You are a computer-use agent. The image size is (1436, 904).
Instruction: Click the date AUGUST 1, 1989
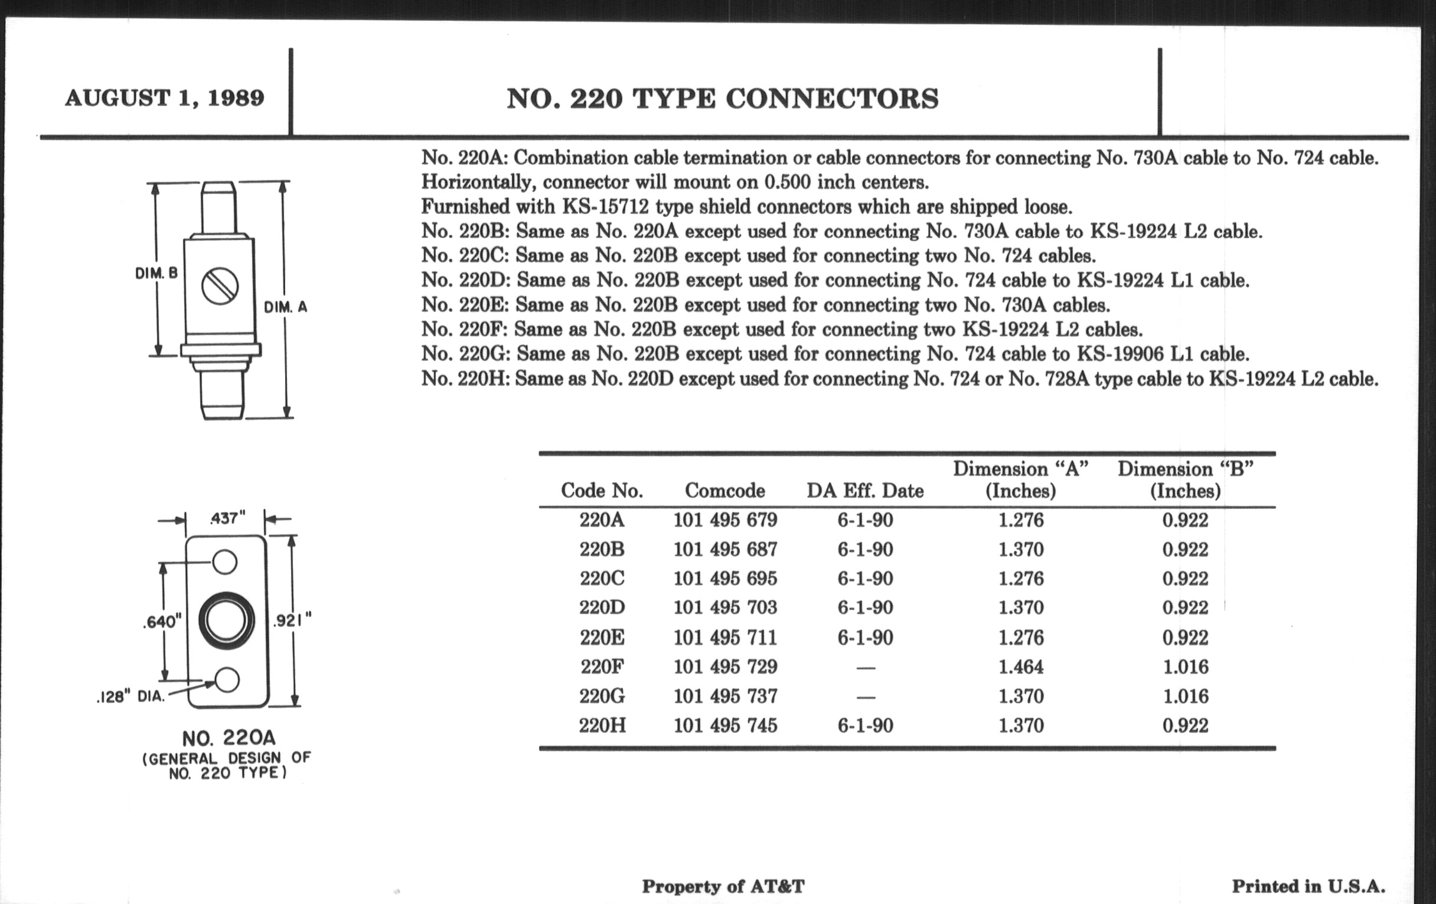(165, 98)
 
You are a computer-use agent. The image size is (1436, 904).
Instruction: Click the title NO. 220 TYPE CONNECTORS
(723, 99)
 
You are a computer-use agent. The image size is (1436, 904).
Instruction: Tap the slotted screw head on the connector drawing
(220, 286)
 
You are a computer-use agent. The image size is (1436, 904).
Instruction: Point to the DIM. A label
(286, 307)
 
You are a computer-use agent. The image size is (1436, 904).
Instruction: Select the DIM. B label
(156, 274)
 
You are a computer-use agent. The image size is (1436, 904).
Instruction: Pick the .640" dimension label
(162, 622)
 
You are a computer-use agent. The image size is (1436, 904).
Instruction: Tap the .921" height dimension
(292, 621)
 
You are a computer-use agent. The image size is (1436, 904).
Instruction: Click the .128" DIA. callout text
(130, 697)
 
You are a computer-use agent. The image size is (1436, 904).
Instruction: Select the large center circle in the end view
(226, 620)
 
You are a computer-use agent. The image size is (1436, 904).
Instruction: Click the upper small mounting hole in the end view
(225, 562)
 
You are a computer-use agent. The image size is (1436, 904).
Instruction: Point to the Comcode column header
(724, 490)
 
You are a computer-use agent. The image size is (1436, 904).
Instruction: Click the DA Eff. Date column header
(864, 490)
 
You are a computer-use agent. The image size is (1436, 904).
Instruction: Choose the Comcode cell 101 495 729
(725, 666)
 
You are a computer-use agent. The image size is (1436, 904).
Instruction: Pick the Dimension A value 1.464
(1021, 666)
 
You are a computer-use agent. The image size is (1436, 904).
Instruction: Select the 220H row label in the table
(602, 726)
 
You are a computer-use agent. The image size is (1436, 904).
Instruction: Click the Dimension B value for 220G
(1186, 697)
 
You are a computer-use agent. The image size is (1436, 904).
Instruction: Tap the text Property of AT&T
(723, 887)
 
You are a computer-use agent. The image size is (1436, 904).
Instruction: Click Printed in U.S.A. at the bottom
(1308, 887)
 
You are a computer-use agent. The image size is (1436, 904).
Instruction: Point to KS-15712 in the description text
(605, 207)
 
